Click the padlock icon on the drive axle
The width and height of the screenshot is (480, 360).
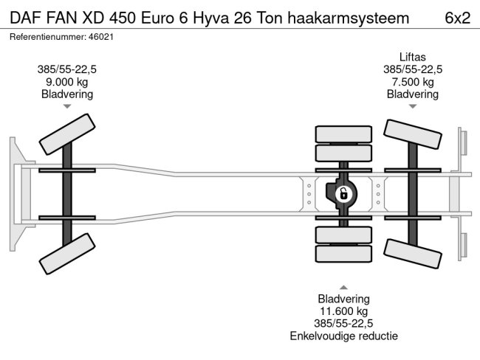(x=343, y=195)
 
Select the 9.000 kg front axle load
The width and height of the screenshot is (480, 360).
(x=67, y=82)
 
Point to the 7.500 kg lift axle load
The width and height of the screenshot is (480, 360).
(x=413, y=82)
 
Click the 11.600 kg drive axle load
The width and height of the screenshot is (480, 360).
(x=343, y=312)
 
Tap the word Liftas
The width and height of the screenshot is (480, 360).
(x=413, y=56)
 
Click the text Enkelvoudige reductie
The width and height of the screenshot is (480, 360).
(x=343, y=336)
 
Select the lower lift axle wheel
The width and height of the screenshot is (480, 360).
(x=413, y=252)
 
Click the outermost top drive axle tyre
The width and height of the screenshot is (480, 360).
(x=343, y=134)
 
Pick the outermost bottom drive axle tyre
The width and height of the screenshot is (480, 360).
(x=343, y=255)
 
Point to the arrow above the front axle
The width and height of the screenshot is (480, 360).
(x=67, y=106)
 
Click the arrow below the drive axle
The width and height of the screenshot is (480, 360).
(x=343, y=287)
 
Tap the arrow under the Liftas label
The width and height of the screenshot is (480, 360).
(x=413, y=106)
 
